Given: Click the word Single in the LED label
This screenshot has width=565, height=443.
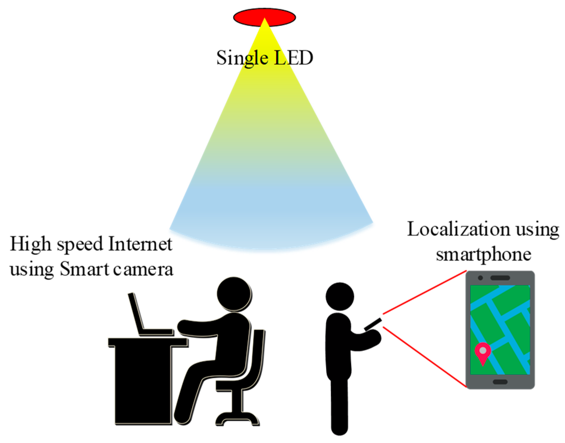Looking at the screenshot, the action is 242,58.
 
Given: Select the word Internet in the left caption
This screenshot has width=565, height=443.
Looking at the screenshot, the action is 140,244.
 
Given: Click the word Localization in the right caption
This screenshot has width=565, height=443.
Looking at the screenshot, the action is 458,229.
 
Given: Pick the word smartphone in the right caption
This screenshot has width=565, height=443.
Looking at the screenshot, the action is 483,254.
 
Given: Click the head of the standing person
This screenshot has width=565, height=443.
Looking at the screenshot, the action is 340,296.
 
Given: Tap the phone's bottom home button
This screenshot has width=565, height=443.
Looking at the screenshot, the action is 500,382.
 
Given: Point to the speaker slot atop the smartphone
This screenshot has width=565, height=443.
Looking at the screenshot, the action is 500,278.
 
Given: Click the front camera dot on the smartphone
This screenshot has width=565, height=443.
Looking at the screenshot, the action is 480,278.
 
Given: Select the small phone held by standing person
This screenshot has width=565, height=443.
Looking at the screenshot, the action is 373,324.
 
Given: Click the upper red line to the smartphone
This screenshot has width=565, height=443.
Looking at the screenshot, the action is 424,292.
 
